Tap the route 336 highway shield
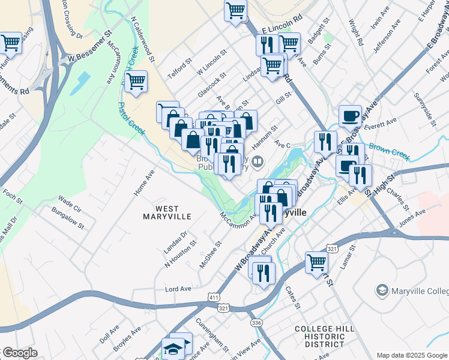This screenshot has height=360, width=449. pos(257,323)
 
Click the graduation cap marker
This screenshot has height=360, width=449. pos(172,348)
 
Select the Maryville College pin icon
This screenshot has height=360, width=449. pos(381,292)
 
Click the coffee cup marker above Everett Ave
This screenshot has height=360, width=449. pos(350,115)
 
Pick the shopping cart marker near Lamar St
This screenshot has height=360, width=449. pos(316,261)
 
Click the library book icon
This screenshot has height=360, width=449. pos(258,161)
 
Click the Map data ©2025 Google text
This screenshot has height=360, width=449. pos(411,355)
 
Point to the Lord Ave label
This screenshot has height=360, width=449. pos(178,289)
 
